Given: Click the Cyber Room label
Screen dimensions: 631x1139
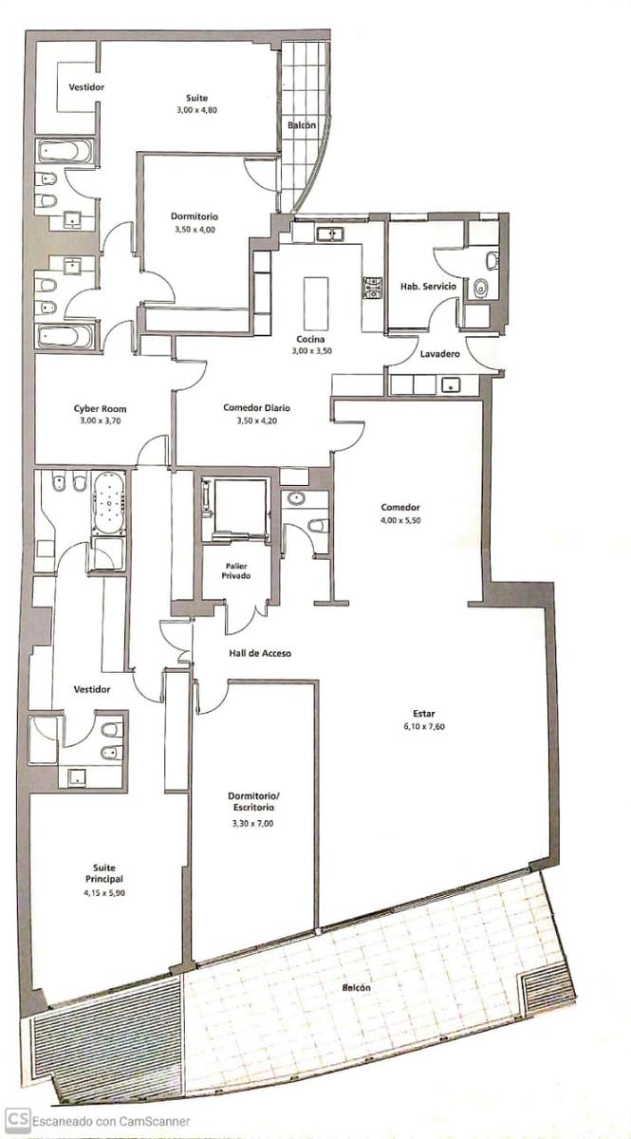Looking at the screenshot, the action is point(101,408).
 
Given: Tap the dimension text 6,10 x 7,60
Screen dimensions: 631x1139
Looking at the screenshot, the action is point(424,726).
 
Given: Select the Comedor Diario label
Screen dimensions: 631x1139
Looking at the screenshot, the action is point(257,407).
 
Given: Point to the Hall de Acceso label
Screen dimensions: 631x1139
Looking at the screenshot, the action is point(260,653).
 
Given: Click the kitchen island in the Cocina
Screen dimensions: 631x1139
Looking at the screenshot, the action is point(316,304).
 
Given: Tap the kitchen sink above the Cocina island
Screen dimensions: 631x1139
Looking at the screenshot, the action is point(330,234).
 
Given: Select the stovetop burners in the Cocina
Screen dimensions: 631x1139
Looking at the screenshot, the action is point(372,287).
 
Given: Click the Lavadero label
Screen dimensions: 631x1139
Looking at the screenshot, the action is point(440,353).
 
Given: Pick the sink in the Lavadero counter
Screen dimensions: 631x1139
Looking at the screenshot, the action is point(451,385).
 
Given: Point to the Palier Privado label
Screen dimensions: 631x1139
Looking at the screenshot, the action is point(236,570).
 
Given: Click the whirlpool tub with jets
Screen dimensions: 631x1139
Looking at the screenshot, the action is point(109,503).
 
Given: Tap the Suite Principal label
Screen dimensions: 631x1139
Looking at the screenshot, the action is point(103,873).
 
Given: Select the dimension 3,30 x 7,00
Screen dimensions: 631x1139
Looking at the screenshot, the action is point(252,823).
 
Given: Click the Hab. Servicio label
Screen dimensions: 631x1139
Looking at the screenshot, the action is point(428,287).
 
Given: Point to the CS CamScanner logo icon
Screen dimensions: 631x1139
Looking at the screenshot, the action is point(18,1120).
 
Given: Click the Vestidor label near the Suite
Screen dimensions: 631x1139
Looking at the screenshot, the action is point(86,87).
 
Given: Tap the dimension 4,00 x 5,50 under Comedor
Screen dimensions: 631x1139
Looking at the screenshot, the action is point(400,520).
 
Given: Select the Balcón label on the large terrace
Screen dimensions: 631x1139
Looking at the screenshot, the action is point(357,987).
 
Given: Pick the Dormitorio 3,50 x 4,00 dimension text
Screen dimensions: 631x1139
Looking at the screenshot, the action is point(195,230).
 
